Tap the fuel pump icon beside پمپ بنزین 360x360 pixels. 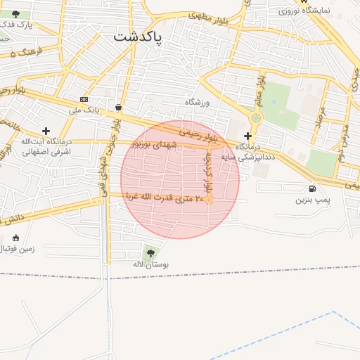[311, 188]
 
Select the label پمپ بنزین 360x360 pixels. [311, 200]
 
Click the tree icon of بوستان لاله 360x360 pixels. [150, 252]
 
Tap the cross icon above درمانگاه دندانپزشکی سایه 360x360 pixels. [247, 135]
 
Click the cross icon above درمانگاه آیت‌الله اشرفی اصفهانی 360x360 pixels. [46, 131]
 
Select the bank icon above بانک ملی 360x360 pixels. [84, 99]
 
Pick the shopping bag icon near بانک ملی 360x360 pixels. [117, 107]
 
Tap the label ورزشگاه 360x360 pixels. [198, 102]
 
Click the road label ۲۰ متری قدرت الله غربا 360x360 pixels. [161, 197]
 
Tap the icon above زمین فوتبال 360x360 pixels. [16, 237]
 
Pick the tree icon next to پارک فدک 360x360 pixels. [15, 14]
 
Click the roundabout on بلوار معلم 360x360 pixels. [256, 118]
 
